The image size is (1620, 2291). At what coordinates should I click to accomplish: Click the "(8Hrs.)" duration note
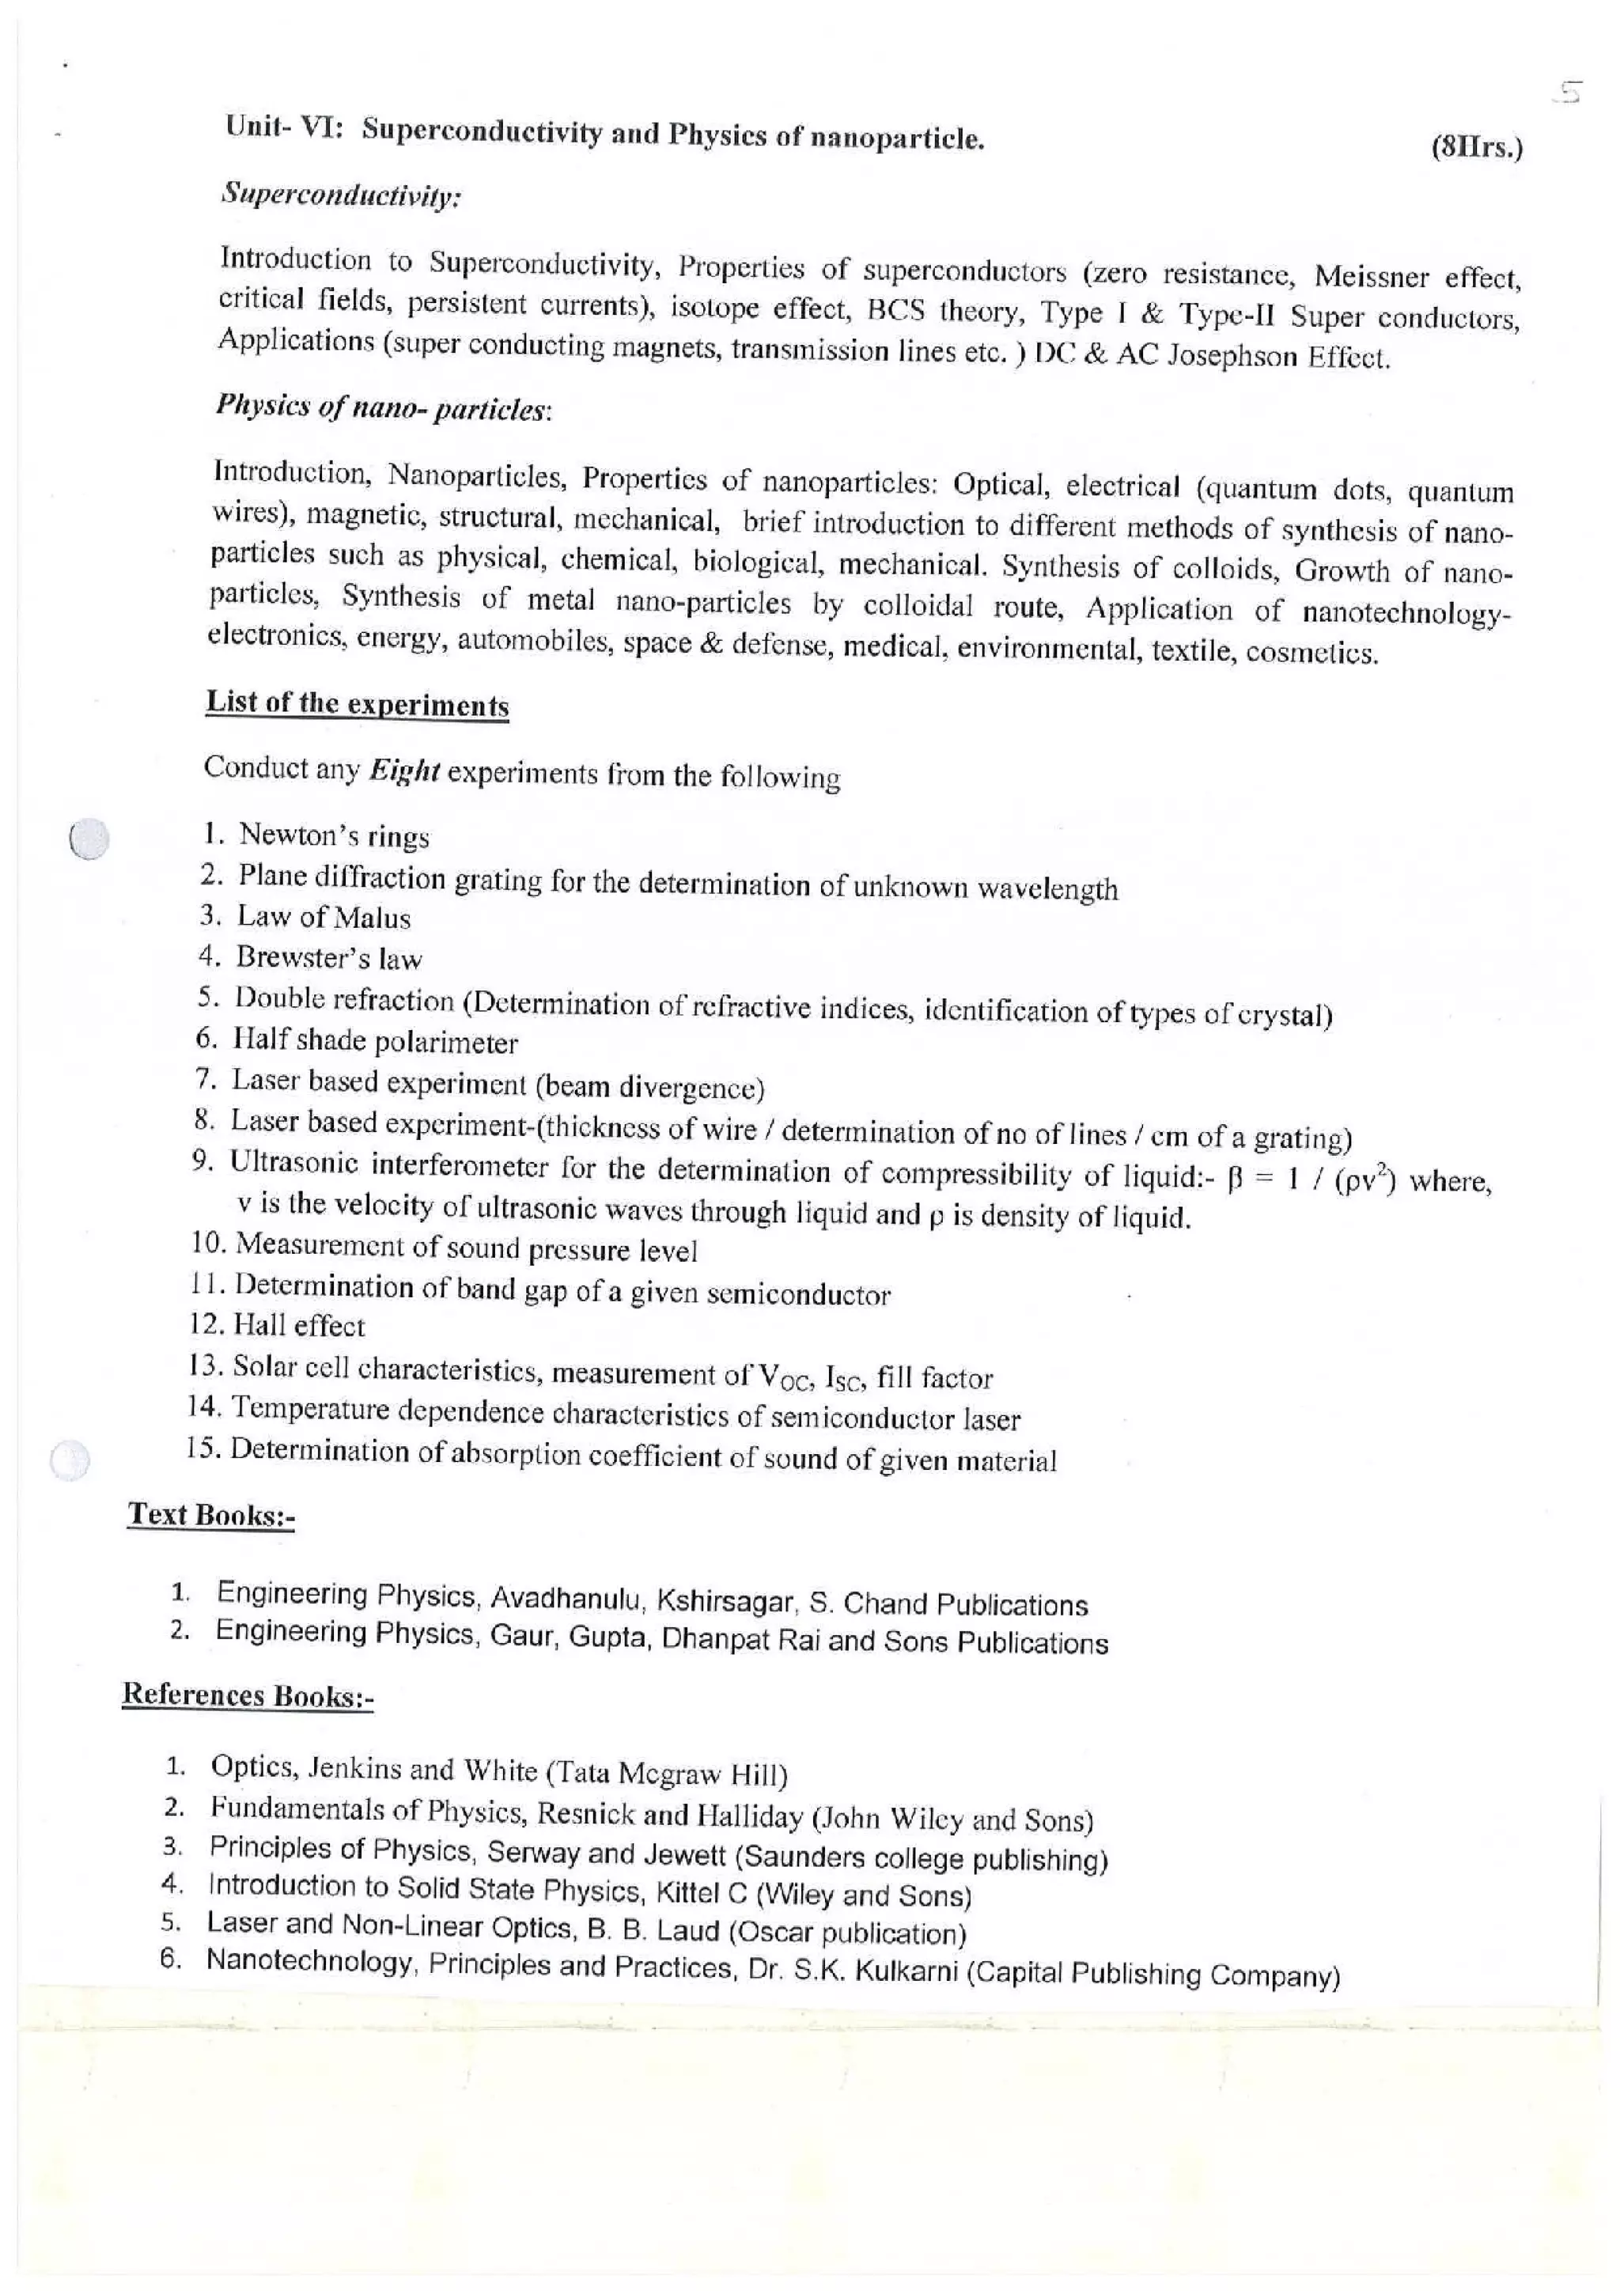click(x=1476, y=149)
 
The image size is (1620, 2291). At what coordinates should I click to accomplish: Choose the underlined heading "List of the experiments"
click(x=357, y=703)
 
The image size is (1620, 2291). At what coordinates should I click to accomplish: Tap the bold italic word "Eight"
click(x=404, y=771)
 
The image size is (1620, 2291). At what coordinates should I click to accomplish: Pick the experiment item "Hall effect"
click(x=298, y=1325)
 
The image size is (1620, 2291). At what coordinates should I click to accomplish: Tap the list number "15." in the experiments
click(x=202, y=1448)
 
